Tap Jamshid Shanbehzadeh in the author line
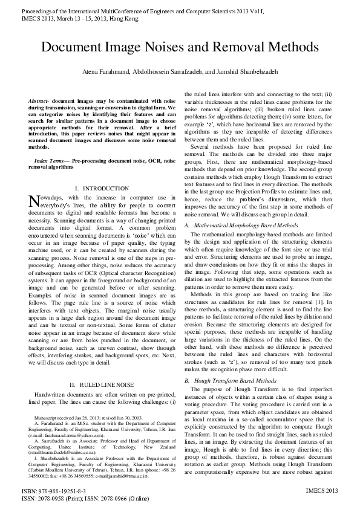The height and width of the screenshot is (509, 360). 246,71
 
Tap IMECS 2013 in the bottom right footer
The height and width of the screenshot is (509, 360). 321,491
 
